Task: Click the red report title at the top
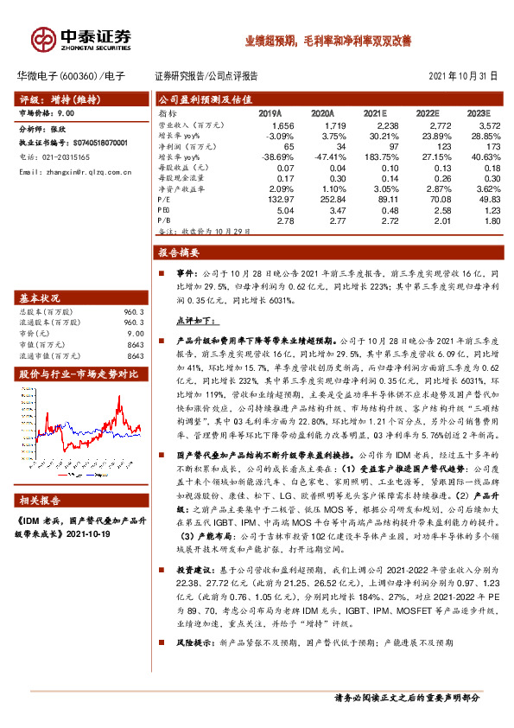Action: (x=327, y=40)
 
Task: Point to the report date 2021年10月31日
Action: (x=463, y=76)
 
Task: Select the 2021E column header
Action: (x=374, y=113)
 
